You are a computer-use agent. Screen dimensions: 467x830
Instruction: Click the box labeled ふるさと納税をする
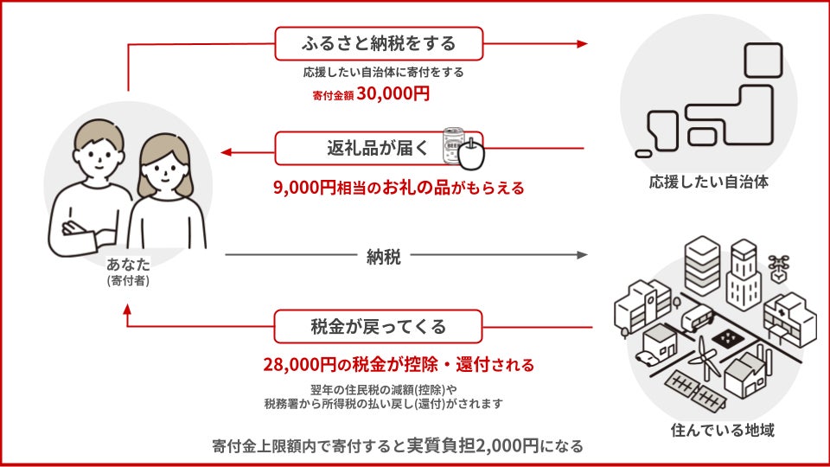[x=379, y=42]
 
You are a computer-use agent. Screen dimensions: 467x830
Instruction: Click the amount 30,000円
[x=393, y=94]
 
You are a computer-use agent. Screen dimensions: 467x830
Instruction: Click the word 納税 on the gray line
[x=383, y=257]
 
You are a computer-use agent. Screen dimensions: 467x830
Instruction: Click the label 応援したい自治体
[x=708, y=182]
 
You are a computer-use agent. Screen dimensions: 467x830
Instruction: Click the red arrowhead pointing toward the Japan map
[x=581, y=43]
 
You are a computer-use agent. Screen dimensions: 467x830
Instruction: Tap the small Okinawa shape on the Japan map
[x=642, y=153]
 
